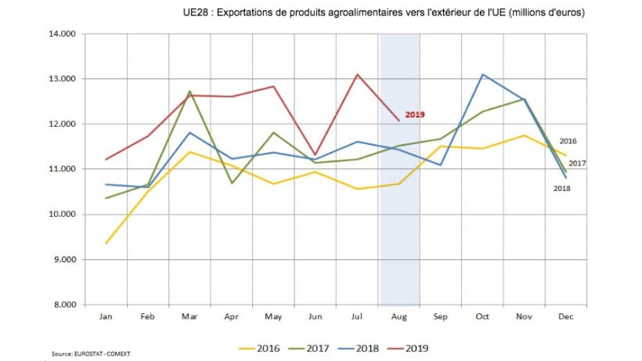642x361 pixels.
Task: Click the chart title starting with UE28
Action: pyautogui.click(x=383, y=14)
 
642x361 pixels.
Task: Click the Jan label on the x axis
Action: pyautogui.click(x=105, y=318)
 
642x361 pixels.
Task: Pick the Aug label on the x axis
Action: pyautogui.click(x=399, y=318)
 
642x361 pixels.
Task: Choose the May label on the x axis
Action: pyautogui.click(x=272, y=318)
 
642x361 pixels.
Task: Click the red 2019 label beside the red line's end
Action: pyautogui.click(x=415, y=114)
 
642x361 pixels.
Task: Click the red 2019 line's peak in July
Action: pyautogui.click(x=357, y=74)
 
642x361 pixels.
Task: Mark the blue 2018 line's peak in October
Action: pyautogui.click(x=483, y=74)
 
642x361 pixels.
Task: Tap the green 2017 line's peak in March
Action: pyautogui.click(x=189, y=91)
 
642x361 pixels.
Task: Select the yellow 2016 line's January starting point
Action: pyautogui.click(x=105, y=243)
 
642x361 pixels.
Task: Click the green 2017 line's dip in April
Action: pyautogui.click(x=231, y=183)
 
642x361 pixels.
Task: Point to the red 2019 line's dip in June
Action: pyautogui.click(x=315, y=155)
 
